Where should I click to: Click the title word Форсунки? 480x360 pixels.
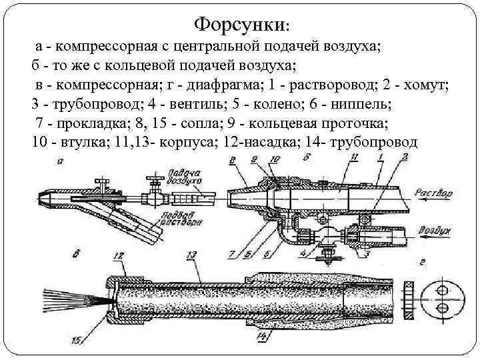pos(240,26)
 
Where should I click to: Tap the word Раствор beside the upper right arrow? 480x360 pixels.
pos(433,193)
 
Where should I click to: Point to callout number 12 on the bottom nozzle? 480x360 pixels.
pos(119,255)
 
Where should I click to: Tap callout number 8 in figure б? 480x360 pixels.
pos(232,160)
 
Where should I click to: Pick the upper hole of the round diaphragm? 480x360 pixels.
pos(441,289)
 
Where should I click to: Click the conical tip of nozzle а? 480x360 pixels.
pos(43,198)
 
